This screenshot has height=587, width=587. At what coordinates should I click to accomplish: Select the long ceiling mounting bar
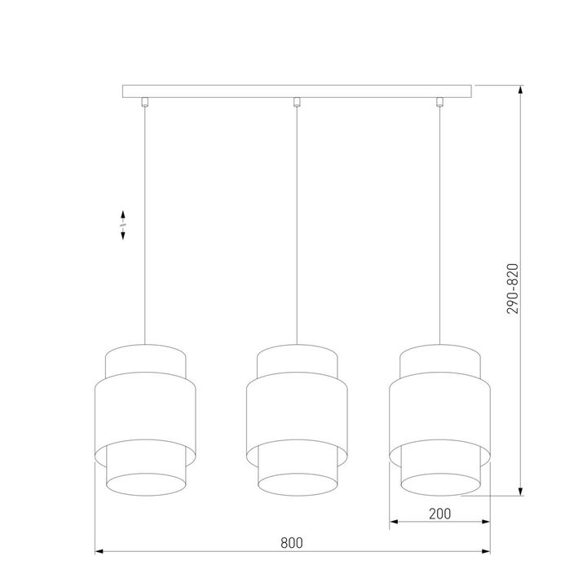(297, 90)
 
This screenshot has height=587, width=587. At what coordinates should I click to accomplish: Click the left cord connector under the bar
(145, 102)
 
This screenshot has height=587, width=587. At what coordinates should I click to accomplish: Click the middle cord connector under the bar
(297, 102)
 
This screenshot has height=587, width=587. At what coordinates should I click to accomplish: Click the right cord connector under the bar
(440, 102)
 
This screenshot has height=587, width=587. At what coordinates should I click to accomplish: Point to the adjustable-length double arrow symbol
(122, 223)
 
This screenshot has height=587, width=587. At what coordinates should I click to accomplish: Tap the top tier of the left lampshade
(146, 359)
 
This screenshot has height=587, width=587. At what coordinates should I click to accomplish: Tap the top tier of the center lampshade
(297, 359)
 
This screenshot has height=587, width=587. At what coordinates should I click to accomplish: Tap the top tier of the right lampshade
(439, 359)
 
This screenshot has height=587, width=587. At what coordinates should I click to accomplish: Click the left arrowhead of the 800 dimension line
(100, 553)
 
